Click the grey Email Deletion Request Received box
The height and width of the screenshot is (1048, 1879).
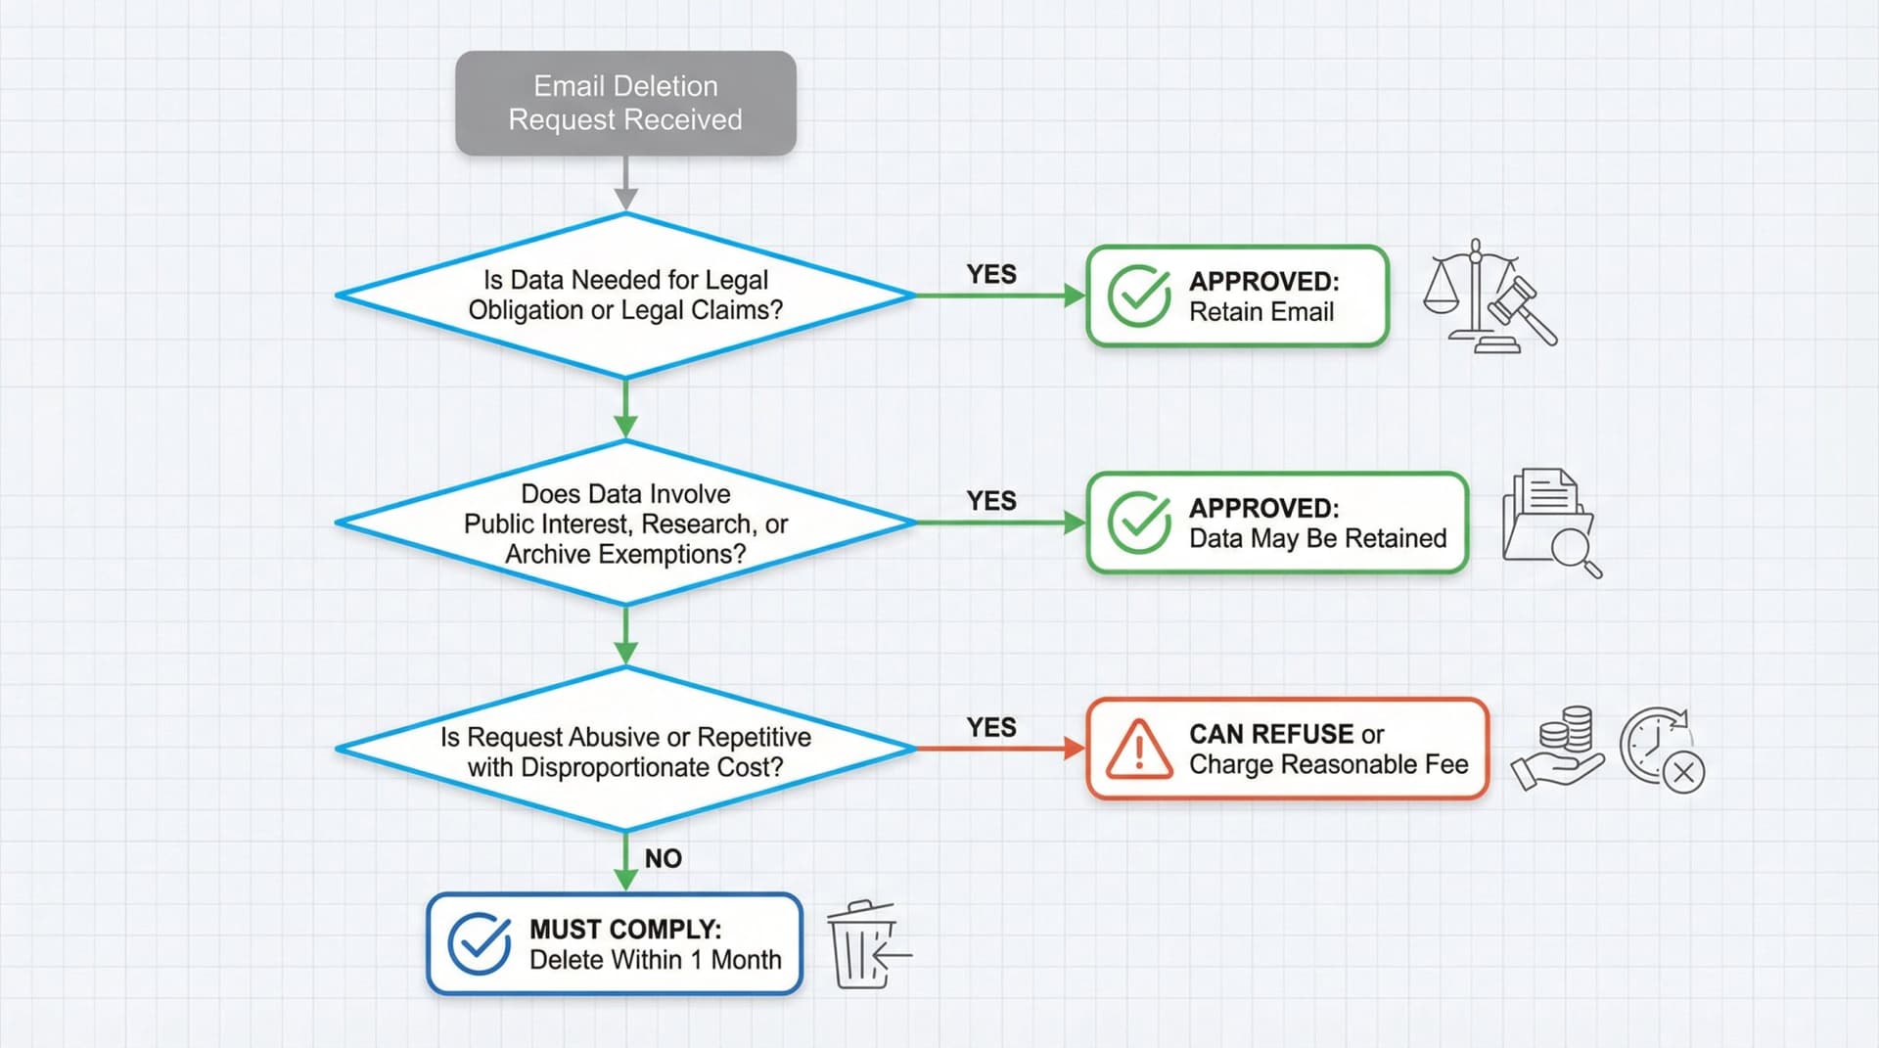tap(625, 103)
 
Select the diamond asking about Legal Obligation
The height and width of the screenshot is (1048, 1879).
tap(625, 295)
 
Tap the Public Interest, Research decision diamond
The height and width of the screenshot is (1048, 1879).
tap(625, 523)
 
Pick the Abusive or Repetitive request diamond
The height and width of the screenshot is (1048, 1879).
tap(625, 750)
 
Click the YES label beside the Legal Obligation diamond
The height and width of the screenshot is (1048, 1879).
tap(991, 274)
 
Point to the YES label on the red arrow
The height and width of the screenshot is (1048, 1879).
tap(991, 727)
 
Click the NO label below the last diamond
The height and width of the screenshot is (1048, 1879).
tap(663, 858)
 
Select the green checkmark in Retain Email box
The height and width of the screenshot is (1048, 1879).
tap(1138, 296)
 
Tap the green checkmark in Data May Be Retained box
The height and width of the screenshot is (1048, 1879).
tap(1138, 523)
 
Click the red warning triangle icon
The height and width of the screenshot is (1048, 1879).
tap(1138, 751)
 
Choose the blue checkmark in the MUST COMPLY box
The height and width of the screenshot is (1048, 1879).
tap(479, 944)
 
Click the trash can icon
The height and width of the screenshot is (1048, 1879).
tap(861, 944)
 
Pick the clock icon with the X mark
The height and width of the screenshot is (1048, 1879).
tap(1661, 749)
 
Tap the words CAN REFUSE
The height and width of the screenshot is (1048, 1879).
tap(1271, 734)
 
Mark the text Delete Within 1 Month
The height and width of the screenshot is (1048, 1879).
tap(655, 960)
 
